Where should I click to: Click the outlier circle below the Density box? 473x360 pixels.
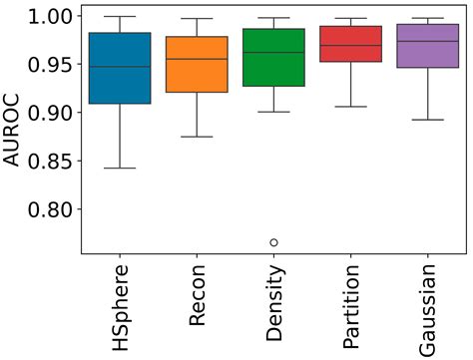273,242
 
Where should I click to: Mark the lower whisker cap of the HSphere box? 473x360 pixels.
120,169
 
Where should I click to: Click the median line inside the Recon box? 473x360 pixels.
197,59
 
